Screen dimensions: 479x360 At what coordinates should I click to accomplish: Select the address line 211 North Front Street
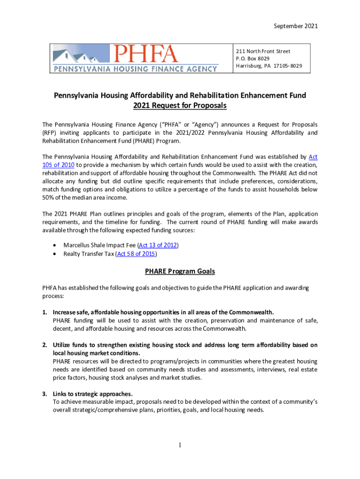(x=263, y=51)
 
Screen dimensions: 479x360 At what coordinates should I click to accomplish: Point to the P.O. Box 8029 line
(x=252, y=58)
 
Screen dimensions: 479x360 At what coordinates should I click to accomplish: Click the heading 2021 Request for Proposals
(x=180, y=106)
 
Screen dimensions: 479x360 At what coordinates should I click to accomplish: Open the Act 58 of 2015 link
(x=137, y=254)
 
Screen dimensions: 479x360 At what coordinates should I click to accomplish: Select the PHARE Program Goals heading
(x=180, y=271)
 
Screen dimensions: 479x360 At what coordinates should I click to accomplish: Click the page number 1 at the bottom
(x=180, y=445)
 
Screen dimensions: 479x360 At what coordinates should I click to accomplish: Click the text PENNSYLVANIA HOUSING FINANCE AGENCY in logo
(x=135, y=69)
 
